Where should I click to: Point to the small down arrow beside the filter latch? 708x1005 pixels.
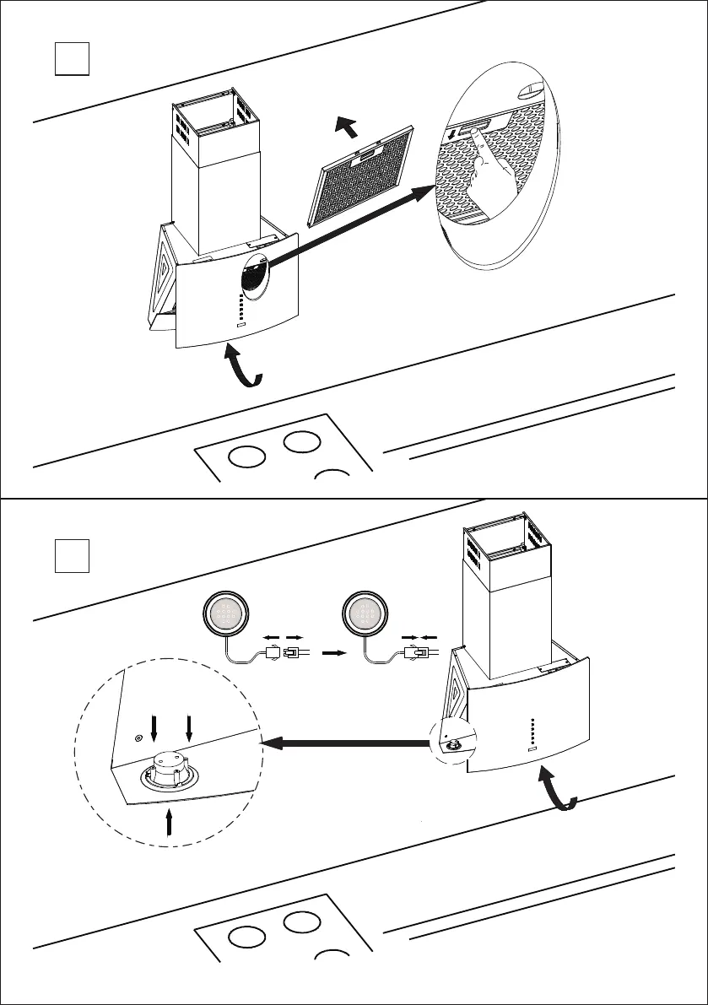452,135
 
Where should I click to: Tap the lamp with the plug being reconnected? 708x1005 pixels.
364,611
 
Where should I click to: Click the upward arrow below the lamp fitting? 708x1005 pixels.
170,823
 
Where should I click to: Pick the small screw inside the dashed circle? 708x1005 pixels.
138,737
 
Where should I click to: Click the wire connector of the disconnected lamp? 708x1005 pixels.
282,652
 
